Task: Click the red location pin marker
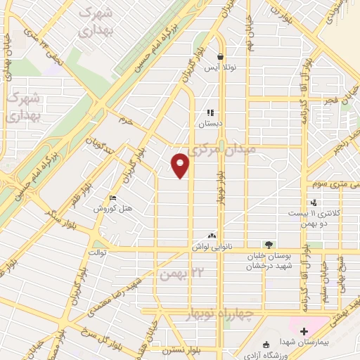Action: click(181, 165)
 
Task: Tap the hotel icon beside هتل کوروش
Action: click(114, 199)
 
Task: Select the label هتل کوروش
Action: click(111, 209)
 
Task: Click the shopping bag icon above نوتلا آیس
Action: click(220, 58)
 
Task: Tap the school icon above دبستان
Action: click(209, 112)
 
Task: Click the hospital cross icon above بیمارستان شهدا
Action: click(304, 331)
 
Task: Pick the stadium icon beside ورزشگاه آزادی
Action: click(266, 344)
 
